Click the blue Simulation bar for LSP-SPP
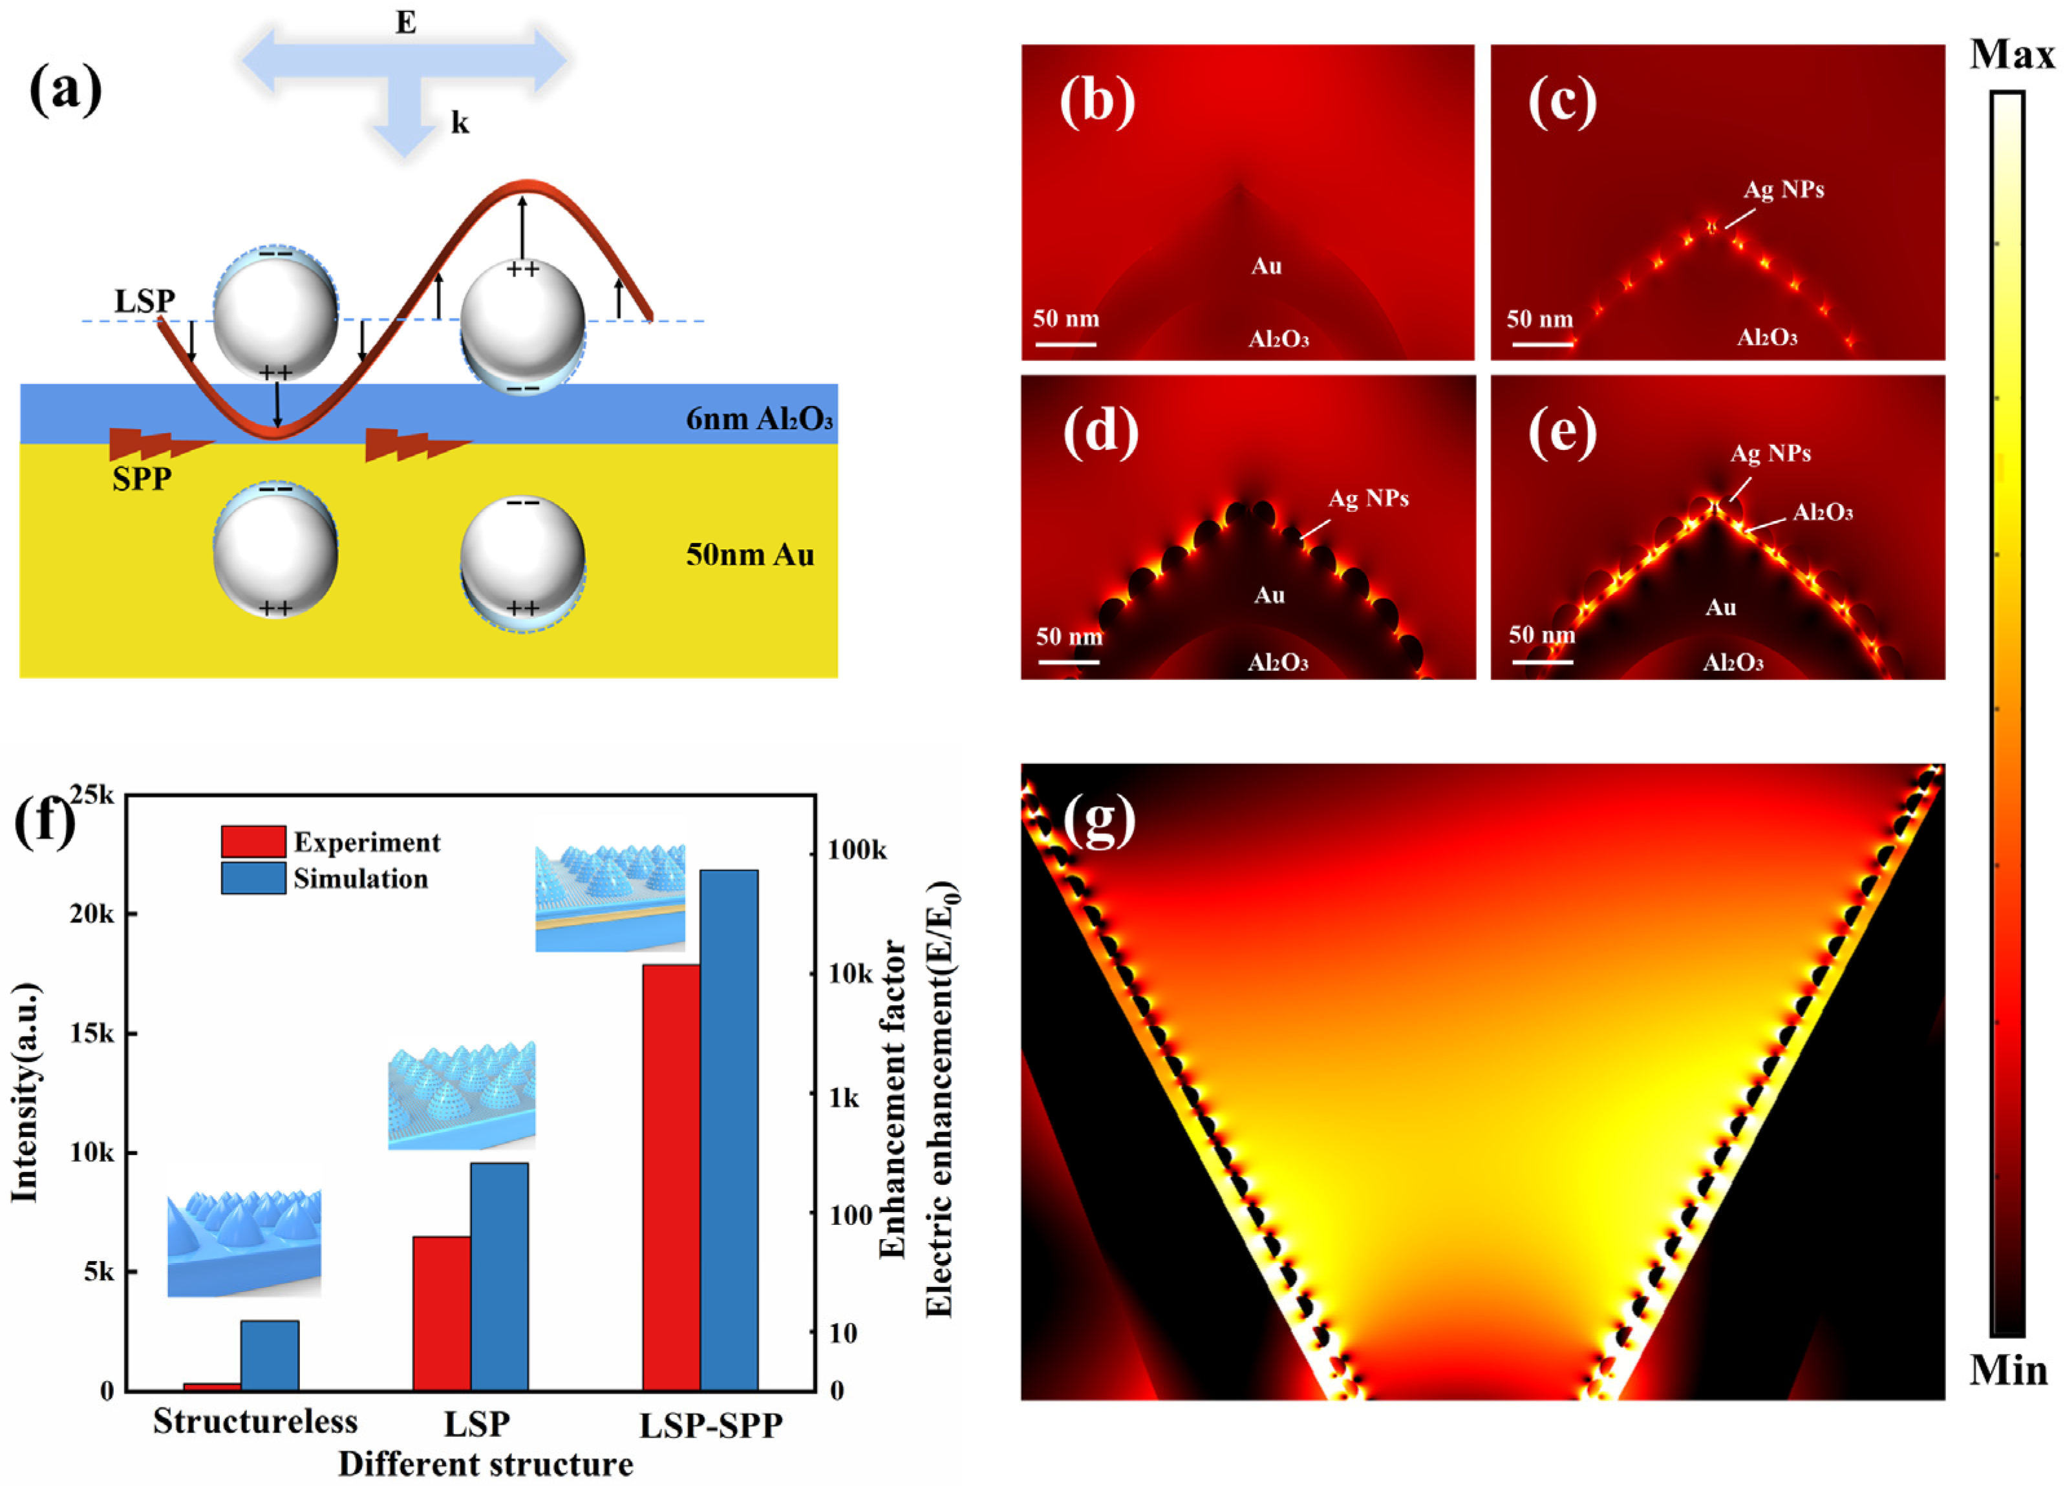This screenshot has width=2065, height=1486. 729,1129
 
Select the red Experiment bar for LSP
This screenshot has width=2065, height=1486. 442,1312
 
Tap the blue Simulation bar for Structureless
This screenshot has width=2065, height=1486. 270,1355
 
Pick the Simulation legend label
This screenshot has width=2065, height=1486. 361,878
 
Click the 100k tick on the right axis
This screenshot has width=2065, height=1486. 857,851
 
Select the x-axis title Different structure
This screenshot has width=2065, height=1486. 486,1464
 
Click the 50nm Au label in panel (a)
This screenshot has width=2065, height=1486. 749,555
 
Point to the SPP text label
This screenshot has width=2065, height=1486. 142,479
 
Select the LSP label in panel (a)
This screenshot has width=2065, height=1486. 145,301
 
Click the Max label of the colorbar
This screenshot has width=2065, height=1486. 2011,56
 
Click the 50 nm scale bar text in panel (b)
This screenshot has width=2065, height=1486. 1065,319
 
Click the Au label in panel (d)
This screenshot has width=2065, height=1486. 1269,595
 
